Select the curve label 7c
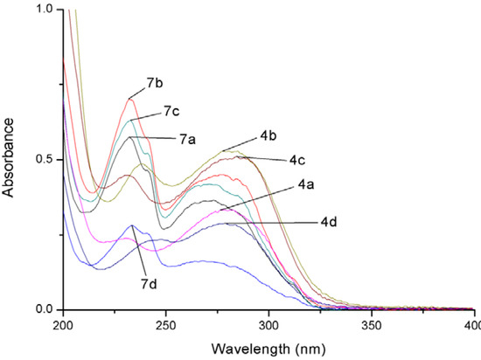[x=171, y=112]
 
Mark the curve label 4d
[x=330, y=223]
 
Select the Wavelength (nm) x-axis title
[x=267, y=347]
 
